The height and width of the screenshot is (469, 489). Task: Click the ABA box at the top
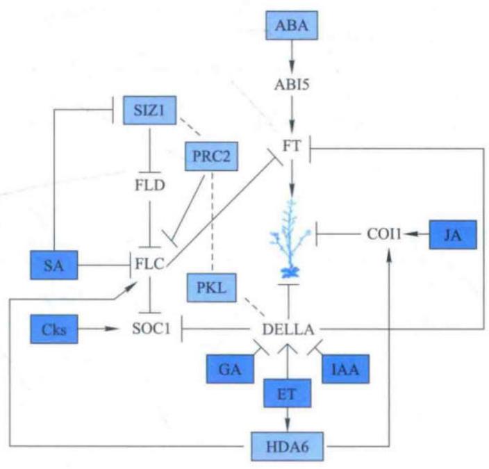292,25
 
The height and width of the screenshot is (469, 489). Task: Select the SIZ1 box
150,110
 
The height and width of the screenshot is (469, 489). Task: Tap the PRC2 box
211,156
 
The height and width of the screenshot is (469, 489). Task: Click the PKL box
211,288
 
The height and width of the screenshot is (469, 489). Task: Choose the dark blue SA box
54,265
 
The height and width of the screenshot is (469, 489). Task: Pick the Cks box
54,329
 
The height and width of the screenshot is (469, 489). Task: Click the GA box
230,369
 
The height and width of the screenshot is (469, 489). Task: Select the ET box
288,393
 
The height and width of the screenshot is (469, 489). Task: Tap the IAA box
345,369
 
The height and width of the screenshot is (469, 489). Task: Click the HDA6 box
288,447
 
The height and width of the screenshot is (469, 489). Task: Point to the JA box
453,235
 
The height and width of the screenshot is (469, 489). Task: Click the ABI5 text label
292,84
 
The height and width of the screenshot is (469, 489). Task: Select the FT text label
292,146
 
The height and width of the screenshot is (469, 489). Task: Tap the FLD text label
150,186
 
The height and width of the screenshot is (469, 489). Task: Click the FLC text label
149,265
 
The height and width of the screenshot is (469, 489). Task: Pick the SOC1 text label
151,329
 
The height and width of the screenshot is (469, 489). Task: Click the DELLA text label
288,329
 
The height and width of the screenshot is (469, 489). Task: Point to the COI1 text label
384,234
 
